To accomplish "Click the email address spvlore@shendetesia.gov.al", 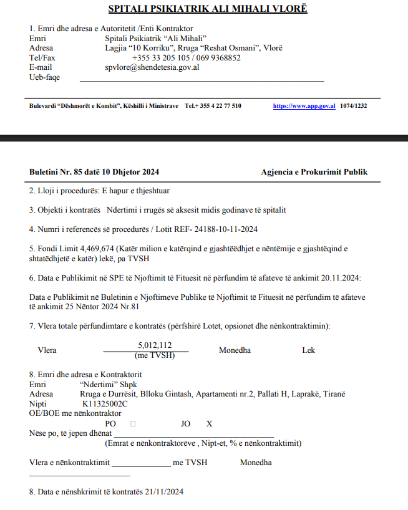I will pos(152,67).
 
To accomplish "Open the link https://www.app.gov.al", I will pos(304,106).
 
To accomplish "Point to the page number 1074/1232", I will pos(353,106).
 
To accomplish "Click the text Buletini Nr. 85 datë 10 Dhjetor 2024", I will pos(94,171).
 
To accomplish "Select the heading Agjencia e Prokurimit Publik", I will pos(314,171).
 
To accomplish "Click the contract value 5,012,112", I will pos(155,345).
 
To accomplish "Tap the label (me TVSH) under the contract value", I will pos(155,355).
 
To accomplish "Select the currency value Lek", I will pos(308,350).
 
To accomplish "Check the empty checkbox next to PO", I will pos(132,424).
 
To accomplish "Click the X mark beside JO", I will pos(210,424).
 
